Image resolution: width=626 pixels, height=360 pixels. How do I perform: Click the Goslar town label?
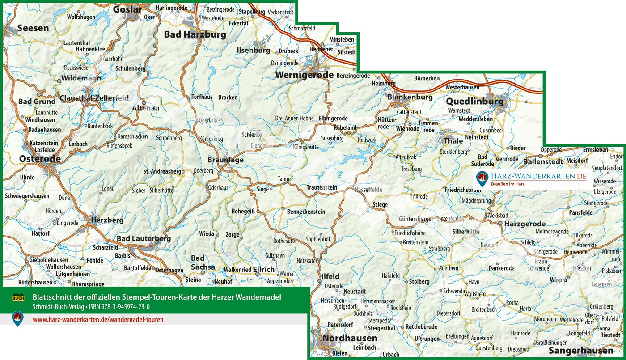(127, 9)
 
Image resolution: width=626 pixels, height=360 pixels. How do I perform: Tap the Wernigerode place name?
(305, 75)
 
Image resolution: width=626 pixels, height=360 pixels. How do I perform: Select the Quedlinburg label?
(474, 102)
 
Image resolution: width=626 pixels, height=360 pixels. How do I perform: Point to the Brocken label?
(228, 97)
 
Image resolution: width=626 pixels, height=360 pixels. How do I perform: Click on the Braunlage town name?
(226, 160)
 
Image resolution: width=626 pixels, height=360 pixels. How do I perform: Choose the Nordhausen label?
(350, 338)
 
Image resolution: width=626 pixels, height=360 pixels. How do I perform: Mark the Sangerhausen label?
(580, 350)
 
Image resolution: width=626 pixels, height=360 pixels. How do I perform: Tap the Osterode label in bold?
(40, 159)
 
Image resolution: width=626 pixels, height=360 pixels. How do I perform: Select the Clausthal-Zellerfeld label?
(94, 98)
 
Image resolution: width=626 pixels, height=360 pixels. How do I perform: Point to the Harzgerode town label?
(525, 224)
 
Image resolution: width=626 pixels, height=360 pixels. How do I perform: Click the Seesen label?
(33, 28)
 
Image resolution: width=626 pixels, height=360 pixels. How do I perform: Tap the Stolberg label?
(419, 281)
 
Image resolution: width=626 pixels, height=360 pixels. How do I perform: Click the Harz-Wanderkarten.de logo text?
(537, 177)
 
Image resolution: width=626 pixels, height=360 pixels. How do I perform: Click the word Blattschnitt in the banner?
(51, 297)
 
